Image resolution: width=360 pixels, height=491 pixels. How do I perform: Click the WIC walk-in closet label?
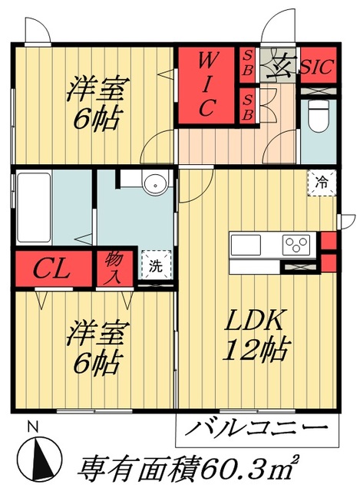point(205,85)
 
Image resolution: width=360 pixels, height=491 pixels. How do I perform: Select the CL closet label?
point(52,269)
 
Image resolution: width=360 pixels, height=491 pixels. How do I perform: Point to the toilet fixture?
point(316,115)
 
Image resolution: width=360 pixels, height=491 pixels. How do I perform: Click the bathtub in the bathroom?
point(32,208)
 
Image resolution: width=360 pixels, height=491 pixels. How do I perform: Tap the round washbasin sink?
point(155,184)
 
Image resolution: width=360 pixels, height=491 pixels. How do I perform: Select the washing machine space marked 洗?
point(155,267)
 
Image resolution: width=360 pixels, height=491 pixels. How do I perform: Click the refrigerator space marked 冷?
point(322,183)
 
